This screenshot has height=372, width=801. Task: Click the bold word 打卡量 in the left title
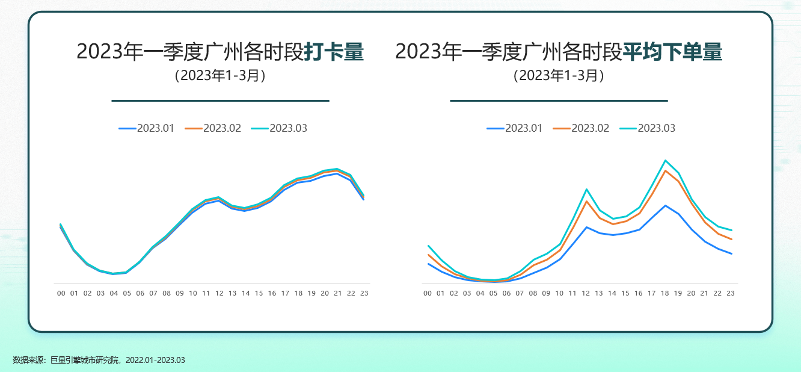(334, 52)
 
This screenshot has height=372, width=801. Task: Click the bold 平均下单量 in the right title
(672, 52)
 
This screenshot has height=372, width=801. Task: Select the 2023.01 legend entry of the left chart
(147, 128)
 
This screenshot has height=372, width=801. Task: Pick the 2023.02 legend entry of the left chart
(213, 128)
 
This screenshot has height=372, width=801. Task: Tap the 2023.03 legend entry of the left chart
(279, 128)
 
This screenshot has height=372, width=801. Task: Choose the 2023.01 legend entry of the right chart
(515, 128)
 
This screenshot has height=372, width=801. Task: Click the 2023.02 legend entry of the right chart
(581, 128)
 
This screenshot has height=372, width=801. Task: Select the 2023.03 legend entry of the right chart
(647, 128)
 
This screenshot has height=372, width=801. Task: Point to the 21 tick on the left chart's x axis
(338, 293)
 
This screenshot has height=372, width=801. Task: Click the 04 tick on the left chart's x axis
(114, 293)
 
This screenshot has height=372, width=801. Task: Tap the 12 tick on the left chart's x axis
(219, 293)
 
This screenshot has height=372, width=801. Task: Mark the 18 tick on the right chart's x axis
(664, 293)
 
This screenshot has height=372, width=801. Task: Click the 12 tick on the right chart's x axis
(586, 293)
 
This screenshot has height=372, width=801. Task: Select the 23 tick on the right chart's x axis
(731, 293)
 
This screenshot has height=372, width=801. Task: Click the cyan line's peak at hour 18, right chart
(665, 160)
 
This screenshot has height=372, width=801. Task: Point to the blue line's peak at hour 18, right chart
(665, 205)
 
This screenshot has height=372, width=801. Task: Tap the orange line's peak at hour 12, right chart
(586, 201)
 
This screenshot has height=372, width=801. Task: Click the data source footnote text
(99, 360)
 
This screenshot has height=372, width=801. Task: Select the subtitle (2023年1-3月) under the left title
(220, 76)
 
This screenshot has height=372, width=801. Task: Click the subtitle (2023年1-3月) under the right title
(559, 76)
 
